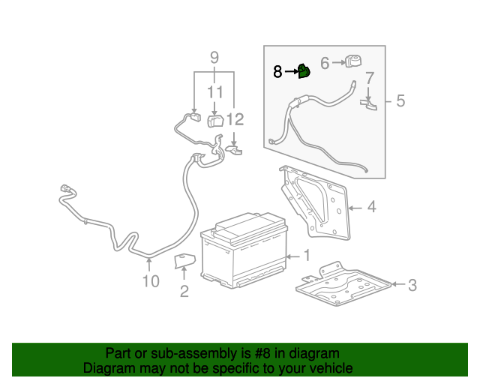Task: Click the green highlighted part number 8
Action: tap(304, 71)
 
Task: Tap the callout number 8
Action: tap(277, 72)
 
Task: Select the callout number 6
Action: tap(325, 64)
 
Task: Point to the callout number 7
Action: tap(369, 78)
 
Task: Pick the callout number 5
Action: tap(400, 100)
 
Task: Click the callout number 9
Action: tap(214, 57)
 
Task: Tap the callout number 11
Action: tap(216, 92)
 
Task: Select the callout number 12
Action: tap(235, 119)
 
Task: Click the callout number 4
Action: tap(371, 207)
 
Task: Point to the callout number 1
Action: tap(306, 256)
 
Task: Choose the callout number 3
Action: tap(412, 284)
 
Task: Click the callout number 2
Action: tap(184, 292)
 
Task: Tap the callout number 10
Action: tap(151, 281)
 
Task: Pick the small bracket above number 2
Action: tap(184, 262)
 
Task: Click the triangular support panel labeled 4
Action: tap(315, 202)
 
